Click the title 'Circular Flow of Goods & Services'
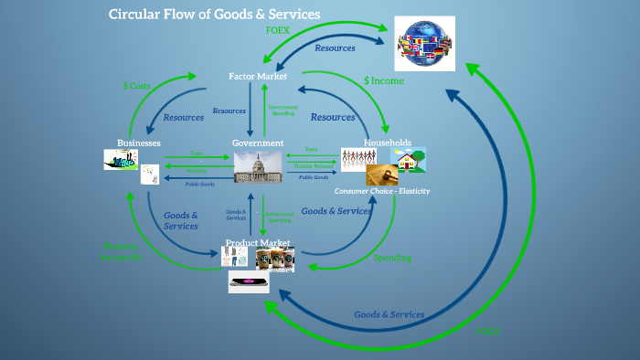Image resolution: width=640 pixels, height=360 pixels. (x=215, y=15)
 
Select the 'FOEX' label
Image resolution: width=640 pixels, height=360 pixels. (x=278, y=31)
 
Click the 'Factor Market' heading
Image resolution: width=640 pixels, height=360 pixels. (x=258, y=77)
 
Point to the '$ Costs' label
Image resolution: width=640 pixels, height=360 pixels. (x=139, y=85)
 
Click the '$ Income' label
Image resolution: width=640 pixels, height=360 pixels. (x=383, y=81)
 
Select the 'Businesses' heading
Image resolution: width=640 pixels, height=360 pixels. (x=139, y=143)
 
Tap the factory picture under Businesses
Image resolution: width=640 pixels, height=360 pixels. (x=121, y=161)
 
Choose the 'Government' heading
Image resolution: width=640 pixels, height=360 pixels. (x=258, y=143)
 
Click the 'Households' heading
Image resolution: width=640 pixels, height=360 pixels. (x=388, y=143)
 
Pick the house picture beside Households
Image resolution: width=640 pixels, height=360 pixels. (x=409, y=159)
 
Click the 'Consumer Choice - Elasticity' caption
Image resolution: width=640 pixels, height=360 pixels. (x=381, y=191)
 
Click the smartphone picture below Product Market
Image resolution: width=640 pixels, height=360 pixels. (x=249, y=282)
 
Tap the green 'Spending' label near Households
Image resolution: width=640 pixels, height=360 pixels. (x=392, y=258)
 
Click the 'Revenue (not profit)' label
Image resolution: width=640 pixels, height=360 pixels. (x=122, y=251)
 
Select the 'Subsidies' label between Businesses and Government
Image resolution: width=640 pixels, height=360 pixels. (x=197, y=170)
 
